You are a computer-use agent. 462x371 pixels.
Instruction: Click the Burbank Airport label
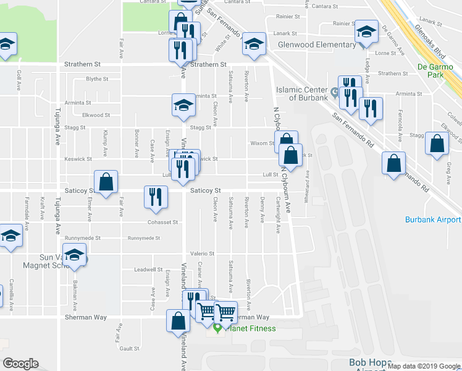tap(432, 220)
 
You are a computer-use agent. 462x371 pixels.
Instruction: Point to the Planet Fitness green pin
tap(217, 328)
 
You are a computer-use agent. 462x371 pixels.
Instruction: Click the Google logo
tap(20, 364)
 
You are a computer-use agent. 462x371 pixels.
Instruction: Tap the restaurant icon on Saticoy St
tap(156, 197)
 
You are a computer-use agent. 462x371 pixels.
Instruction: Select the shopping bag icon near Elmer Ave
tap(106, 182)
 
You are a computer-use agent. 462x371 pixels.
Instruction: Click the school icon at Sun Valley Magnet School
tap(74, 255)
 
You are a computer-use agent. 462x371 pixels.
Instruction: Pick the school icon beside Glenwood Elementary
tap(367, 31)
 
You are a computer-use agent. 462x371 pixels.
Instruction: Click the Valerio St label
tap(201, 254)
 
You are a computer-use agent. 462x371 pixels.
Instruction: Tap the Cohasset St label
tap(162, 222)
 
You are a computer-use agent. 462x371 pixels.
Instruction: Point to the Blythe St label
tap(97, 79)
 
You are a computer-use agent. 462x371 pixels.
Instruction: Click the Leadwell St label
tap(148, 270)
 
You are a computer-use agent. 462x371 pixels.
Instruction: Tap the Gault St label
tap(130, 349)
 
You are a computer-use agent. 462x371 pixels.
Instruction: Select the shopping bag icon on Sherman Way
tap(178, 321)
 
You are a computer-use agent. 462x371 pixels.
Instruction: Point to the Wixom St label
tap(262, 143)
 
